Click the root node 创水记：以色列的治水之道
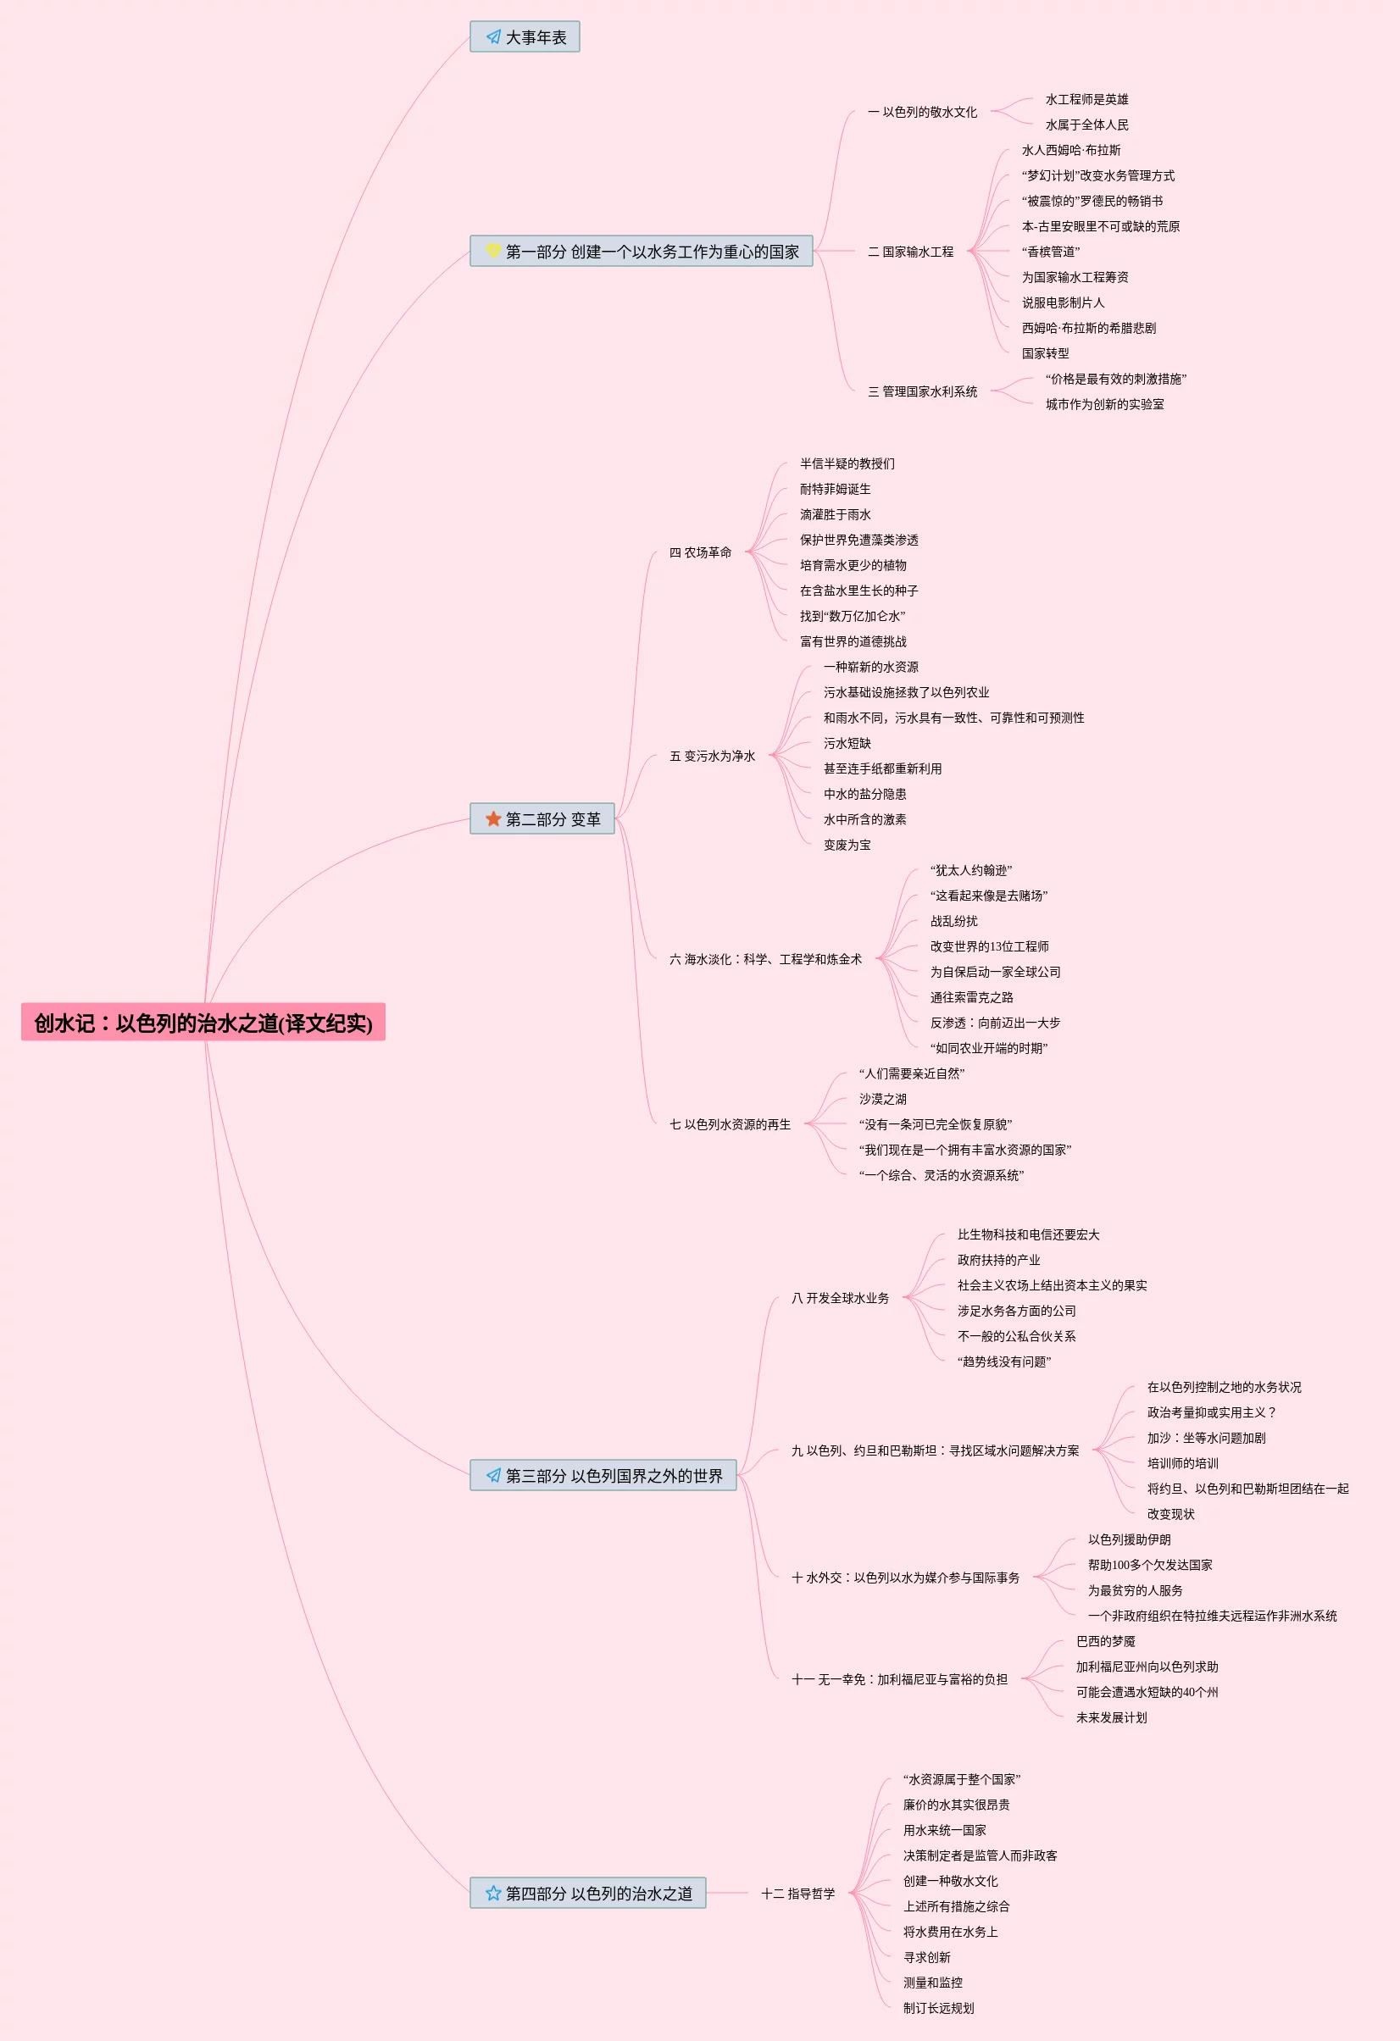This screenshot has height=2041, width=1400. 203,1023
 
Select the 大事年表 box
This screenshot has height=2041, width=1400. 525,37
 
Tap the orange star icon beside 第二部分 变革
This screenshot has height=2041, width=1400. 493,818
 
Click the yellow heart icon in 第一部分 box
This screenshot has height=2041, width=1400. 493,251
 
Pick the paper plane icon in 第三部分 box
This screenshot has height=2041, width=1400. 493,1475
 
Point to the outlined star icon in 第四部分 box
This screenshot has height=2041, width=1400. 493,1893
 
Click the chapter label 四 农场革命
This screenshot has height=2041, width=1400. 700,552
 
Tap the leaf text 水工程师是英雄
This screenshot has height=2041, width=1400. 1086,99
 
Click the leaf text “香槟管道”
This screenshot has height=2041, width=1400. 1051,252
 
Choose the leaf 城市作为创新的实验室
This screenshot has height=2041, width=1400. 1104,404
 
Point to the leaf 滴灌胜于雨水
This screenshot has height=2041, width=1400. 836,514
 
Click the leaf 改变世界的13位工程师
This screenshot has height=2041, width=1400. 989,946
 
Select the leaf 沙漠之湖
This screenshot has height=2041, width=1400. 883,1099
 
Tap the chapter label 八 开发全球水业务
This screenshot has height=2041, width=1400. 841,1298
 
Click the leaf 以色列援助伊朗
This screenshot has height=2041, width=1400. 1129,1539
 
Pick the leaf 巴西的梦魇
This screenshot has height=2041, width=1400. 1105,1641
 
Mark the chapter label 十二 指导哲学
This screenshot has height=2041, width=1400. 798,1894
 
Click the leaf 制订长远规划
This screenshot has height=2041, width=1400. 938,2008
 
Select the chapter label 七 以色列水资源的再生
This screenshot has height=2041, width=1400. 730,1124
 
